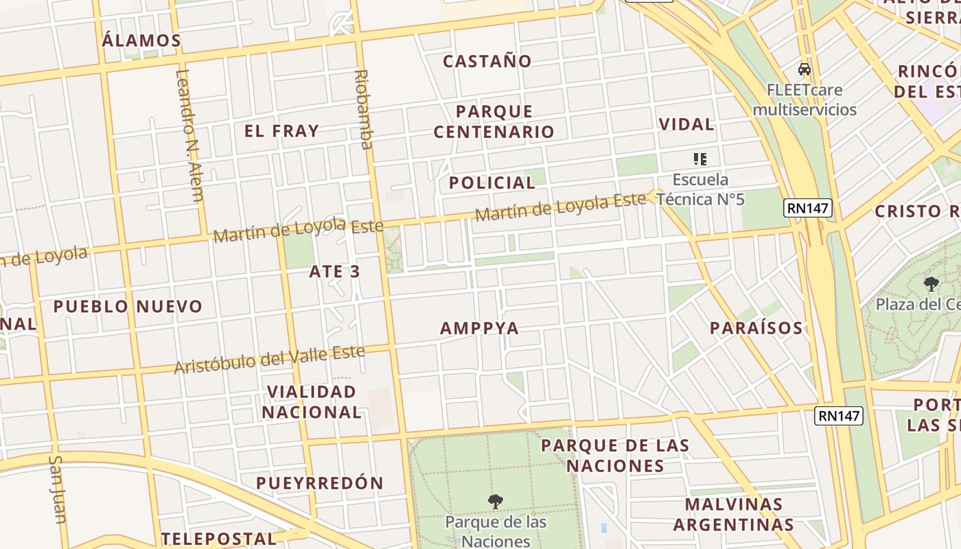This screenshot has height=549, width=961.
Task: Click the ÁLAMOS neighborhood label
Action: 141,40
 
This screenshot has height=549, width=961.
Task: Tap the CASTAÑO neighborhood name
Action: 487,61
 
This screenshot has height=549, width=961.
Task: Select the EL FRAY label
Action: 281,130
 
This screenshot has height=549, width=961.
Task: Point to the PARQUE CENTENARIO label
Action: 494,121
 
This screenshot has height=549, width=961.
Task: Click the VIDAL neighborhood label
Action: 686,124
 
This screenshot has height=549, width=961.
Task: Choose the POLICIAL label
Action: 491,183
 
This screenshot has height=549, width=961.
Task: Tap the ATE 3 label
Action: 334,271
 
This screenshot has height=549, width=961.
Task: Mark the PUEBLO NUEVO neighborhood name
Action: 128,306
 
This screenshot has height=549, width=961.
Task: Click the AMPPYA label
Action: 479,328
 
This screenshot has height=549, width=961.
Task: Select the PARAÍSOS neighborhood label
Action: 756,328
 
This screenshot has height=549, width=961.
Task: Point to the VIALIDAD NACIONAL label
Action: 312,402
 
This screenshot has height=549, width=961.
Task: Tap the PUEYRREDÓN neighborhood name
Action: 320,482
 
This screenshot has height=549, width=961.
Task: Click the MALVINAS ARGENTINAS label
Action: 733,515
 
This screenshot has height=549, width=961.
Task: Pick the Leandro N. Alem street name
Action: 189,135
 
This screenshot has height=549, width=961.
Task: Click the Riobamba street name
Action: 362,109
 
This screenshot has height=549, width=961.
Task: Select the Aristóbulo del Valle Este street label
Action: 269,359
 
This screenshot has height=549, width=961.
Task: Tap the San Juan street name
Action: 59,489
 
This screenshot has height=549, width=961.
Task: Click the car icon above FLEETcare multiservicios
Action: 804,69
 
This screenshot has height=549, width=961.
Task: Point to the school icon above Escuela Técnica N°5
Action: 700,159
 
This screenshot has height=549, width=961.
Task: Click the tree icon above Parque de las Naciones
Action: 495,502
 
